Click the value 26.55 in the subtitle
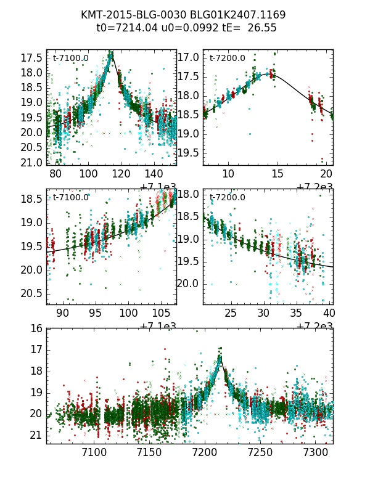(262, 28)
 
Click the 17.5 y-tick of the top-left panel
(32, 58)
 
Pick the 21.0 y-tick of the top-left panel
(32, 162)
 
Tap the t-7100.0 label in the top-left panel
(70, 59)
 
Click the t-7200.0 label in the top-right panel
(227, 59)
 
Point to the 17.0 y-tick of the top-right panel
(189, 57)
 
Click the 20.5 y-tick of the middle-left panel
(32, 293)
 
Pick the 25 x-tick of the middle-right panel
(231, 312)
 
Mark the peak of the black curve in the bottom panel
(220, 356)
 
